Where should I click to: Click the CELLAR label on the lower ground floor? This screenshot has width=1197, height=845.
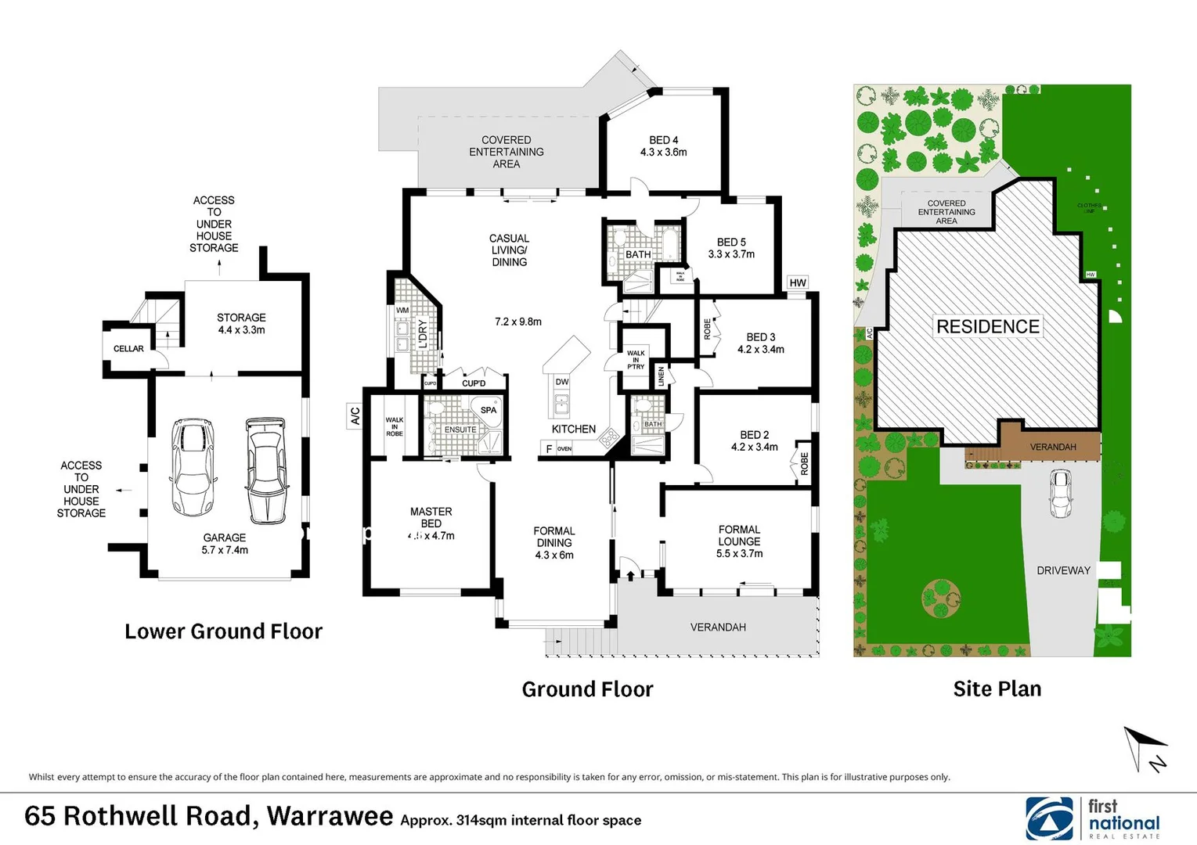coord(128,349)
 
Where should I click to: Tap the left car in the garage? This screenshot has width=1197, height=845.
coord(192,466)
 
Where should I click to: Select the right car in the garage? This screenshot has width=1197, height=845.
coord(266,469)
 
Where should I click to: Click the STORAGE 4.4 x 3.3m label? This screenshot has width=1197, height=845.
coord(241,324)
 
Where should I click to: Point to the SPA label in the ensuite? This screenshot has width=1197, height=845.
coord(489,410)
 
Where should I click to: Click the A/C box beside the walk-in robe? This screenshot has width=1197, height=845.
coord(355,415)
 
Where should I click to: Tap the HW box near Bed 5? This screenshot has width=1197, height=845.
coord(798,283)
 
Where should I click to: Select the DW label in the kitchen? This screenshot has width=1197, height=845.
coord(562,382)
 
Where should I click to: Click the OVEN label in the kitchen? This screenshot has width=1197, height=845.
coord(564,449)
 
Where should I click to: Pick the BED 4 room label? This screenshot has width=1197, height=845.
coord(663,146)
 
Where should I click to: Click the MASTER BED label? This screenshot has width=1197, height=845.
coord(431,517)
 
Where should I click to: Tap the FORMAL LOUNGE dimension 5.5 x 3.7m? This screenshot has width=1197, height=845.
coord(739,554)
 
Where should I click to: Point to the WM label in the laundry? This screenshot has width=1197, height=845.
coord(402,311)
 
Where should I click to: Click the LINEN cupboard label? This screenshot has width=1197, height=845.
coord(662,376)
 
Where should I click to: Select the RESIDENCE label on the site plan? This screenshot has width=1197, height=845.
coord(988,326)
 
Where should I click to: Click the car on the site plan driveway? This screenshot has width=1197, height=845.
coord(1060,493)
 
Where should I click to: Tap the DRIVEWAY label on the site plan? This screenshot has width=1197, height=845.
coord(1063,570)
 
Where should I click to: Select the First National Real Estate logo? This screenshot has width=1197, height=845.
coord(1093,818)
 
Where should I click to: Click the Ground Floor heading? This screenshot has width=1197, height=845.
coord(587,689)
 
